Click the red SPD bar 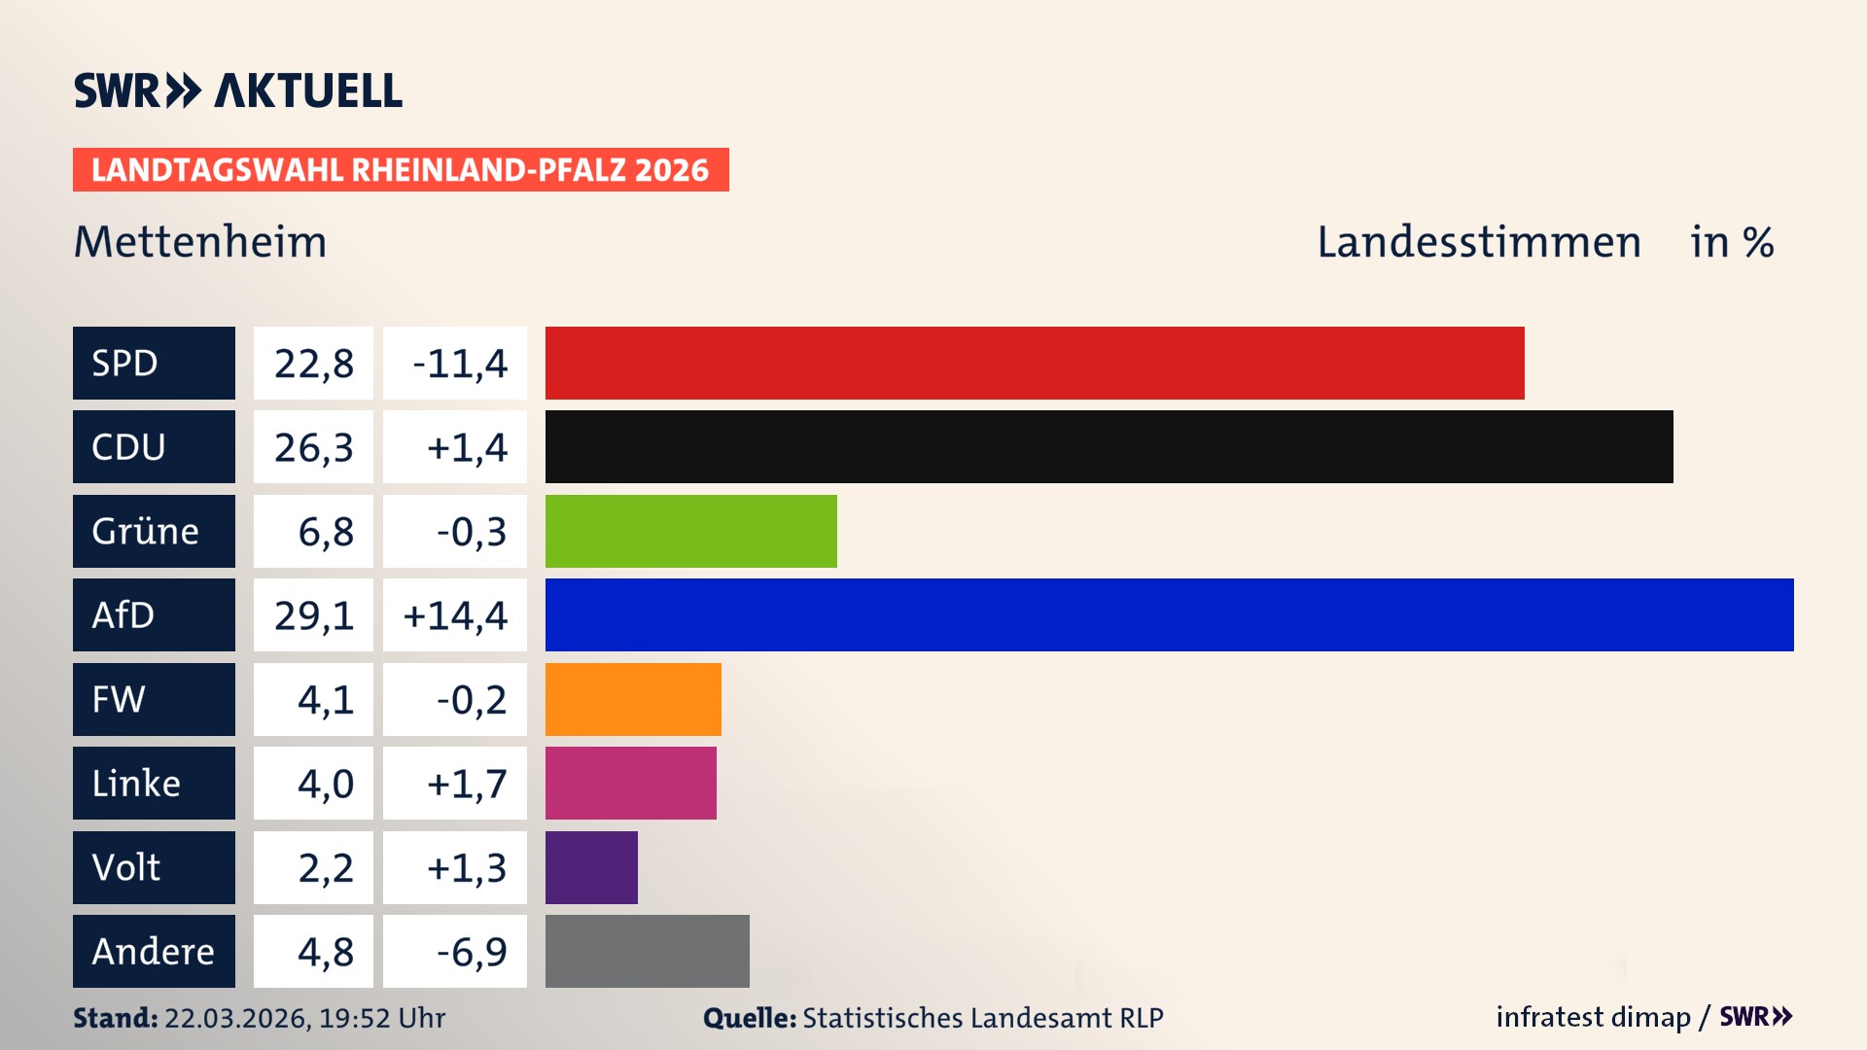(x=1035, y=363)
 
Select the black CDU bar (x=1109, y=446)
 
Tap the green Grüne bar (x=690, y=531)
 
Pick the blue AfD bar (x=1169, y=614)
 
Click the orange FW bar (x=633, y=699)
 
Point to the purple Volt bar (x=591, y=867)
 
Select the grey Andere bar (x=647, y=951)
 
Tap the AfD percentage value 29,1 (x=313, y=615)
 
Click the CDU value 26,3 (x=313, y=447)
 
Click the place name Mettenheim (x=200, y=242)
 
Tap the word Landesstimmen (x=1478, y=242)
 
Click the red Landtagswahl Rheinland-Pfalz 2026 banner (x=401, y=170)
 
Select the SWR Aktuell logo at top (x=237, y=90)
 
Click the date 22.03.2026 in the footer (x=237, y=1018)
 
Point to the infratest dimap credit (x=1593, y=1017)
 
